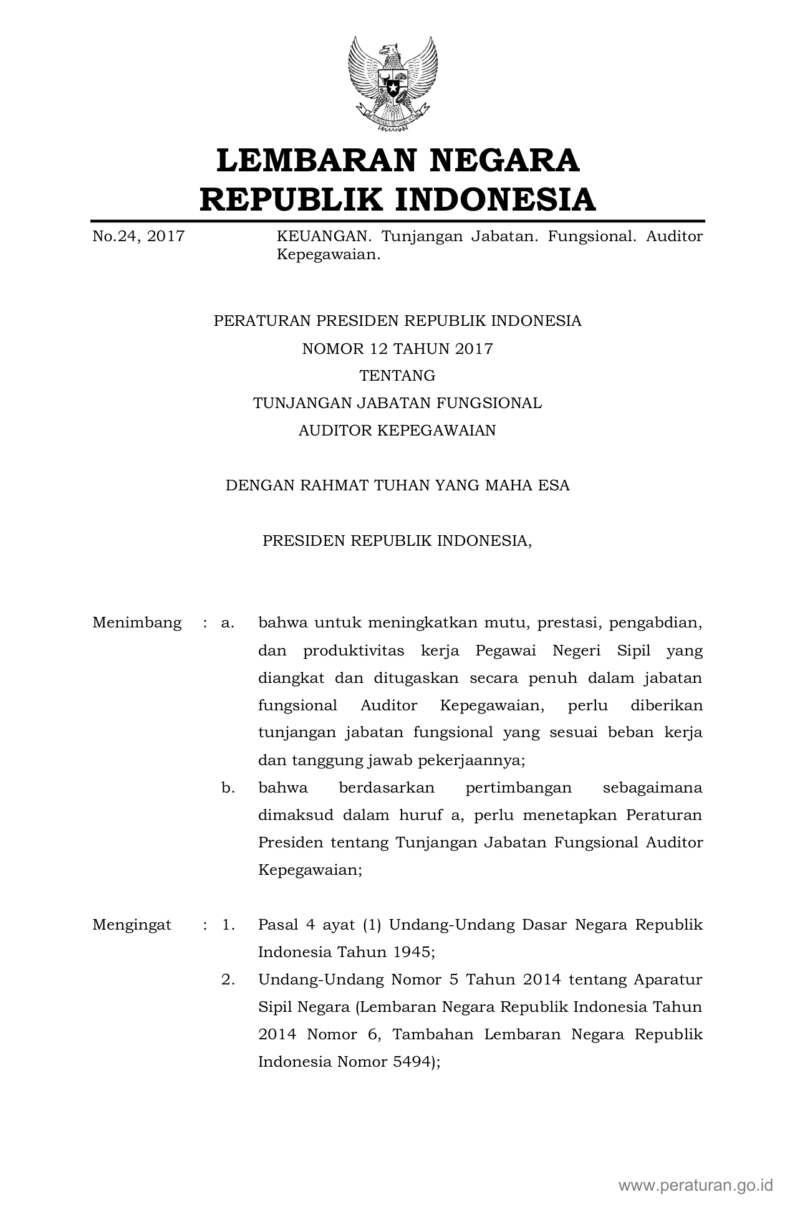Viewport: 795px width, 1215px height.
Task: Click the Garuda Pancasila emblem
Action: click(x=392, y=84)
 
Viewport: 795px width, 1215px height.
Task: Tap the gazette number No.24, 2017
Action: click(x=138, y=237)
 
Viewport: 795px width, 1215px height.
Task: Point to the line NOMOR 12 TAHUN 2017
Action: click(x=397, y=348)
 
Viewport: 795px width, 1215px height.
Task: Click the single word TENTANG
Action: click(x=397, y=376)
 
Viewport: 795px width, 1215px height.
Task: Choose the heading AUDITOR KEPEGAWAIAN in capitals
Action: click(x=397, y=431)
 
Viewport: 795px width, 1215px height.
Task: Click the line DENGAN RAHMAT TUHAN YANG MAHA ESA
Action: click(x=397, y=485)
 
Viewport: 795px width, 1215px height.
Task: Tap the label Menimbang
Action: click(x=137, y=622)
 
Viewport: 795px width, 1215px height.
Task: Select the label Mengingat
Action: click(x=132, y=925)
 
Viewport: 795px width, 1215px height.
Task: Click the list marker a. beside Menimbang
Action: click(x=228, y=622)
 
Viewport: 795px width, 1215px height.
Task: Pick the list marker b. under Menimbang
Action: click(x=228, y=788)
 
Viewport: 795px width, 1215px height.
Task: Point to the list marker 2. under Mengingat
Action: click(x=228, y=979)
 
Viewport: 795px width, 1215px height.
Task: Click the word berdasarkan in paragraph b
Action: click(x=387, y=788)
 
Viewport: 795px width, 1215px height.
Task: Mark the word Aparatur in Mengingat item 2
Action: click(x=668, y=979)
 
